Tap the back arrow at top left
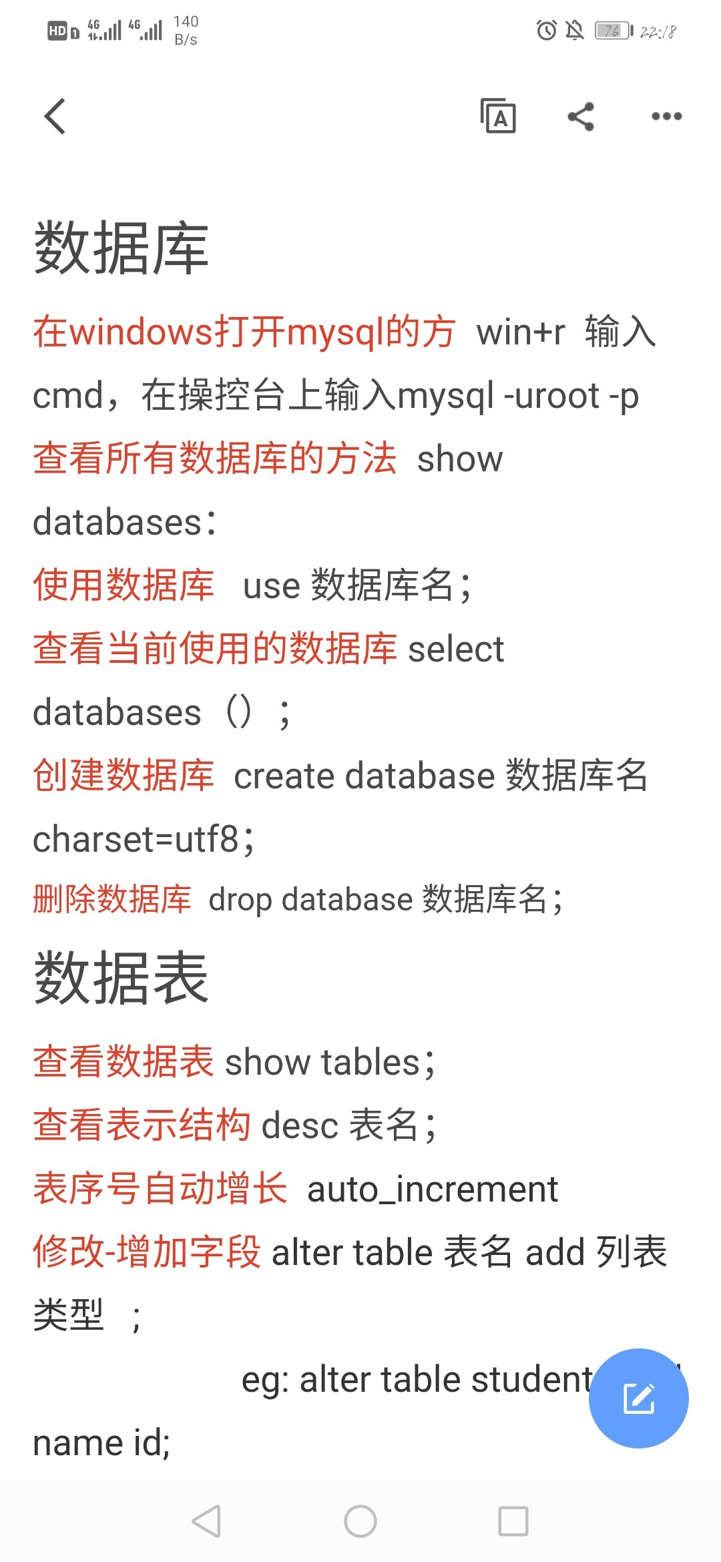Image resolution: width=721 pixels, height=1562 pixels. tap(55, 116)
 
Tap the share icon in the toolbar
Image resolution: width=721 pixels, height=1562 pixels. tap(581, 117)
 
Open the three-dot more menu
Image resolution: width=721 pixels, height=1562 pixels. tap(666, 116)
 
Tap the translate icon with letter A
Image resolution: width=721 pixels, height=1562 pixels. tap(498, 116)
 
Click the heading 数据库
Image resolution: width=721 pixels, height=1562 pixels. tap(121, 248)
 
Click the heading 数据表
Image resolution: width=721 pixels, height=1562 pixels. tap(121, 978)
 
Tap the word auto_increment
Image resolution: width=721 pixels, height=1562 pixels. tap(432, 1189)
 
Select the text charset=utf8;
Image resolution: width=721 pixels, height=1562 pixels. tap(144, 839)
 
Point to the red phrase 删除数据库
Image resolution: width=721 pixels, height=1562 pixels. tap(112, 899)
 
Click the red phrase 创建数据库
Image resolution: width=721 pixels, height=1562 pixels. tap(124, 776)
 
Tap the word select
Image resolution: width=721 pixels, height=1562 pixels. tap(456, 649)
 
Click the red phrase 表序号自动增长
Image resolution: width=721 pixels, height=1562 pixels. tap(160, 1189)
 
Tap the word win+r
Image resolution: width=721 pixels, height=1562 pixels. tap(521, 332)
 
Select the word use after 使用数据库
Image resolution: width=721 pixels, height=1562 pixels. tap(272, 586)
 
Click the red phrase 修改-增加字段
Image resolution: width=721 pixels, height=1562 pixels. tap(147, 1252)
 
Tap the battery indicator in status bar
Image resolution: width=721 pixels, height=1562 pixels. tap(614, 31)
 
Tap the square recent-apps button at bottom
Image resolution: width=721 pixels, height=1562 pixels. tap(513, 1521)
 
